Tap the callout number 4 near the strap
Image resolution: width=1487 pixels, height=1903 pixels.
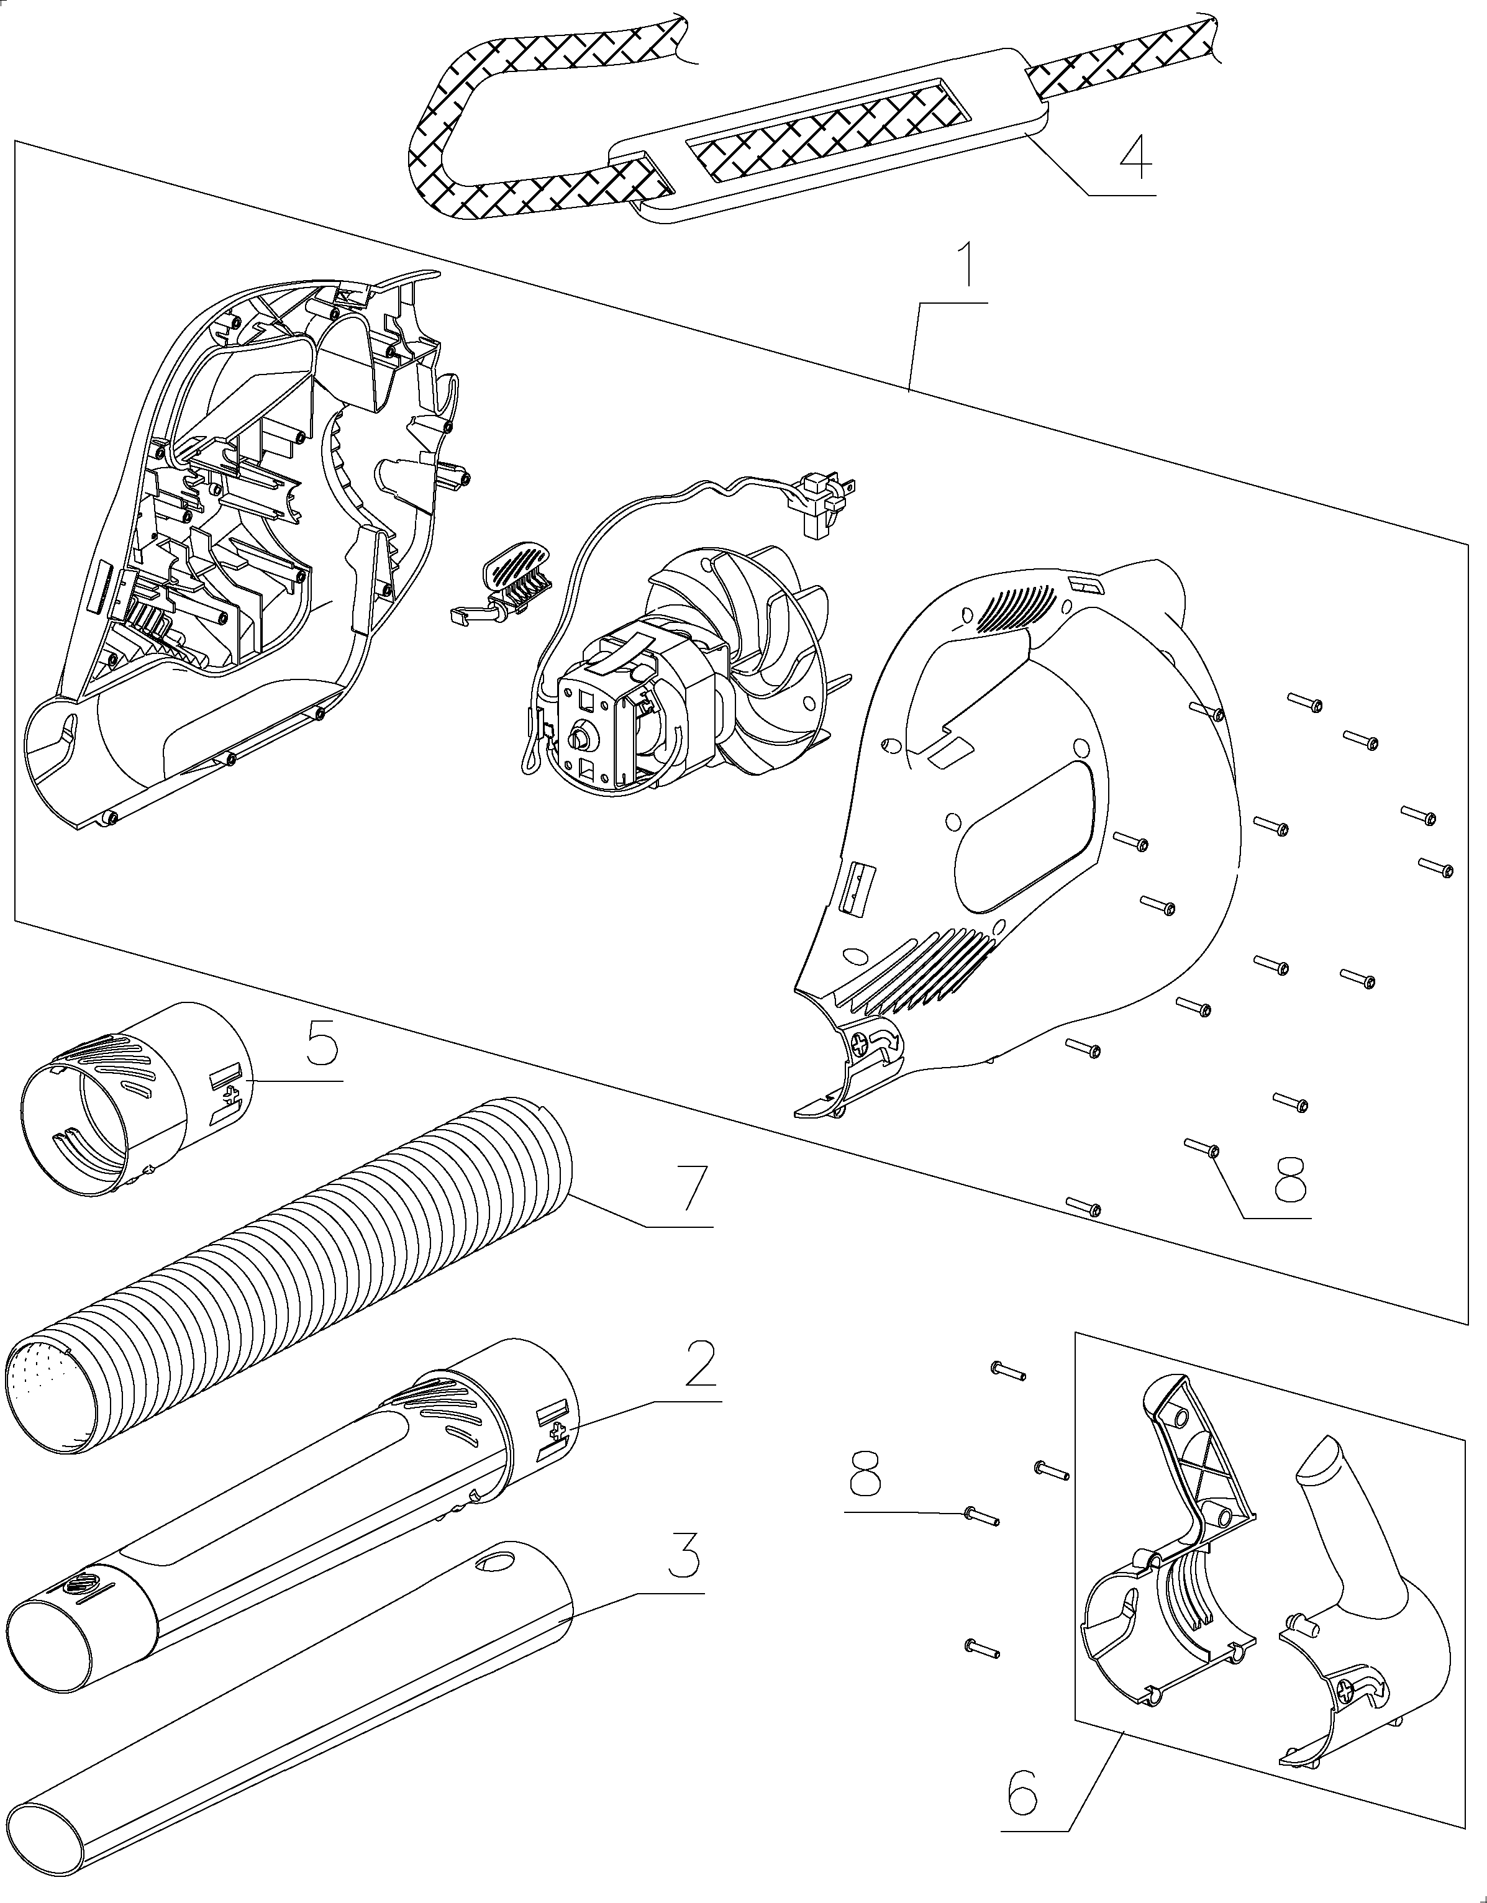[x=1135, y=157]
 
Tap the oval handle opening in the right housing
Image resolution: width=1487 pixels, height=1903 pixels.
[x=1024, y=832]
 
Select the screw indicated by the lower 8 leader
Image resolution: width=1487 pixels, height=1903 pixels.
[x=981, y=1515]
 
